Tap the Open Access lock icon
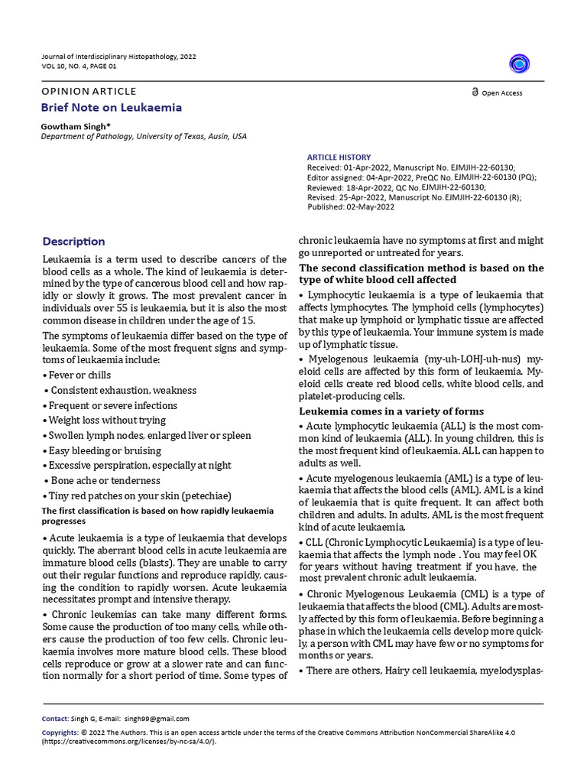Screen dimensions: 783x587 tap(475, 93)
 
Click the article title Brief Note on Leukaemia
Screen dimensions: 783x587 tap(112, 108)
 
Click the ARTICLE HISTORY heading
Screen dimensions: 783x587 tap(339, 158)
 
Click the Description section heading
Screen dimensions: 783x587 tap(73, 242)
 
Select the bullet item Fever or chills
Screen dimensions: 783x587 tap(79, 375)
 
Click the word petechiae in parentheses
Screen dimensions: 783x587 tap(204, 495)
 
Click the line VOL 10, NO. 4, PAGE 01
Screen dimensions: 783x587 tap(79, 67)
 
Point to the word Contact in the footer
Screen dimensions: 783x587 tap(55, 719)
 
